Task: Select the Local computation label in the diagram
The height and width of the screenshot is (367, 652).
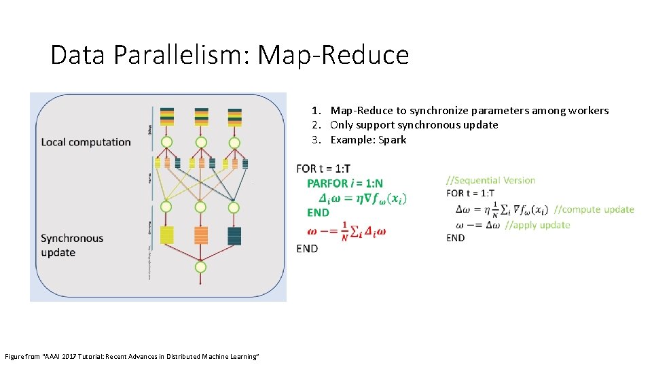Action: click(86, 142)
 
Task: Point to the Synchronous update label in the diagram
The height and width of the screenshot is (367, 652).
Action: click(72, 245)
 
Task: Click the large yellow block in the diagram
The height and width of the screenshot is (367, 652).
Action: click(167, 235)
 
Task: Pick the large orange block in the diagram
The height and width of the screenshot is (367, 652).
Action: click(200, 235)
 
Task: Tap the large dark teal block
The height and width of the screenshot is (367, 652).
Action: click(234, 235)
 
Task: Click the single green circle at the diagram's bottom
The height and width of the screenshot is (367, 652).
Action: click(200, 267)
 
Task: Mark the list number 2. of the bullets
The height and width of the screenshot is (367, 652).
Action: click(316, 124)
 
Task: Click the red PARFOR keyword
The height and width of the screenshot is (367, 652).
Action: click(327, 183)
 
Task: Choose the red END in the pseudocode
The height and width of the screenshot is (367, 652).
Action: click(318, 213)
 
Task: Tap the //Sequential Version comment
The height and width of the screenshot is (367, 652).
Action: click(490, 180)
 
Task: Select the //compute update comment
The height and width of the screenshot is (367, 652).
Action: click(594, 209)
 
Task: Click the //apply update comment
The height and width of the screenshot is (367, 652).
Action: click(537, 225)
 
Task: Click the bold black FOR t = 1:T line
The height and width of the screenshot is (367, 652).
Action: click(323, 169)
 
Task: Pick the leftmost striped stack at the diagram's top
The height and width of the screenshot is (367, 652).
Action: click(167, 116)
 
